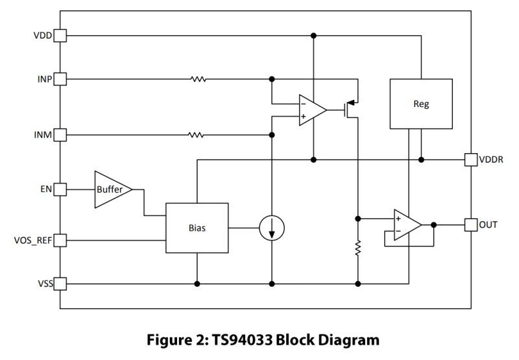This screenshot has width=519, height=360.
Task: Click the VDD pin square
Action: [x=60, y=35]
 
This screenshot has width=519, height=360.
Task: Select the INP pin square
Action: [x=60, y=79]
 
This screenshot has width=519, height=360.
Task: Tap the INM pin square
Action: [x=60, y=135]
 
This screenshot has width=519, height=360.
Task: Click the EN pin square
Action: [x=60, y=189]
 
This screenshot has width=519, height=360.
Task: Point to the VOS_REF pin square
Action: [x=60, y=241]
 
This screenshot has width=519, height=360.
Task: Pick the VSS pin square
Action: [x=60, y=283]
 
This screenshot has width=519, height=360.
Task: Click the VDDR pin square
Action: [x=470, y=159]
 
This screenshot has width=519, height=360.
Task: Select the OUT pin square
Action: [x=470, y=224]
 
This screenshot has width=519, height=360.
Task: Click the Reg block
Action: [x=420, y=104]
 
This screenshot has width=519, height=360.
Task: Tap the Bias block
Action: [x=197, y=228]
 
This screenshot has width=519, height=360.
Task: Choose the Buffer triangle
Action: [x=110, y=189]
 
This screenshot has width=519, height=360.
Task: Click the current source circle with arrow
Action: [x=272, y=228]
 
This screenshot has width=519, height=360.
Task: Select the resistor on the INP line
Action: [x=198, y=79]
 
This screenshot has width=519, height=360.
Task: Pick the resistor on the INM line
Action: [x=195, y=135]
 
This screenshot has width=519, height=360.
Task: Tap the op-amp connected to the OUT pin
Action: [x=406, y=224]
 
